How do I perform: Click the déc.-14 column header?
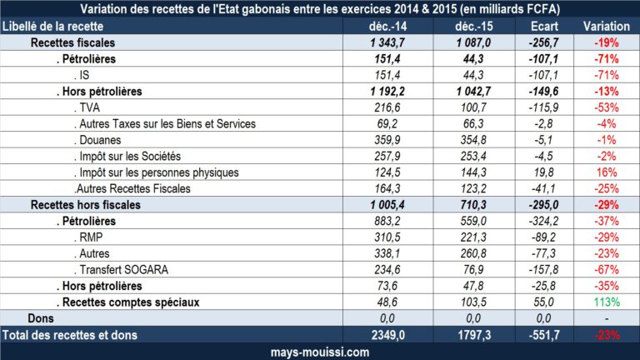pos(385,27)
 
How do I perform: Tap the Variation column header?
pos(606,27)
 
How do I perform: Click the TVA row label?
pos(87,107)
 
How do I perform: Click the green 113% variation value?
pos(606,302)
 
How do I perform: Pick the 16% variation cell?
pos(606,172)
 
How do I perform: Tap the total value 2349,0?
pos(385,335)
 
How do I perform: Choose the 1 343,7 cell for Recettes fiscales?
pos(385,42)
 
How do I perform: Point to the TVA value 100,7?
pos(472,107)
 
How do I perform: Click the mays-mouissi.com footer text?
pos(320,352)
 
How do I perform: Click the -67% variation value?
pos(606,269)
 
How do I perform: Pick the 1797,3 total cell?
pos(472,335)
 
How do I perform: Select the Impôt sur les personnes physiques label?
pos(155,172)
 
